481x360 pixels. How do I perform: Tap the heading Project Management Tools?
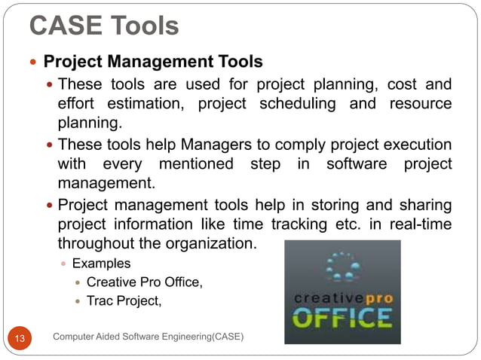(x=153, y=61)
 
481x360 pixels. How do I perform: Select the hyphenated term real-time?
(x=417, y=225)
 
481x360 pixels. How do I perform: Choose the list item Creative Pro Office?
(x=145, y=282)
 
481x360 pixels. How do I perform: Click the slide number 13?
(x=20, y=337)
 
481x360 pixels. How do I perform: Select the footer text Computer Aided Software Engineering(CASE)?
(x=149, y=336)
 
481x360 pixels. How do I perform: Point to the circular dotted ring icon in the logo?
(x=342, y=268)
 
